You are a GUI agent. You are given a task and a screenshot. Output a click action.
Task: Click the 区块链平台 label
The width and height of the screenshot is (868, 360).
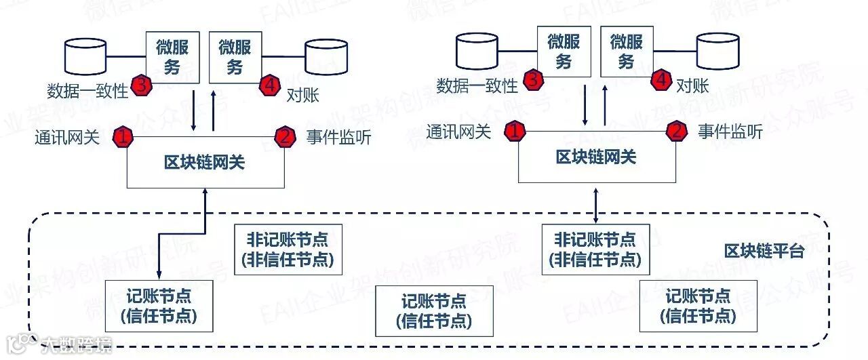[x=764, y=252]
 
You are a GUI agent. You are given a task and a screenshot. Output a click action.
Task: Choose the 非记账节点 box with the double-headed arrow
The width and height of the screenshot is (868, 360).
[x=595, y=249]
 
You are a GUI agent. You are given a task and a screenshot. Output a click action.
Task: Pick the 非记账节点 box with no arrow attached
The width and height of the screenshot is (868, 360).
[x=287, y=249]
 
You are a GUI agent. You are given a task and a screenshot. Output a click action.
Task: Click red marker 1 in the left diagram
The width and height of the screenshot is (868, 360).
[x=123, y=137]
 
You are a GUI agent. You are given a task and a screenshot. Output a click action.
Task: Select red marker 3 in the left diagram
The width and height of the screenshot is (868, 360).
[x=142, y=85]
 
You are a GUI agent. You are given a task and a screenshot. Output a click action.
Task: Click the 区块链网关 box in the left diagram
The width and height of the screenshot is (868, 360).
[x=204, y=163]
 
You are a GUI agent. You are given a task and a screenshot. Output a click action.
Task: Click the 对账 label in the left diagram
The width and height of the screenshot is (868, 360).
[x=301, y=95]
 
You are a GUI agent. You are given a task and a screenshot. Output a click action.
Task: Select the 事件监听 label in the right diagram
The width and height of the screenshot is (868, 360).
[x=730, y=132]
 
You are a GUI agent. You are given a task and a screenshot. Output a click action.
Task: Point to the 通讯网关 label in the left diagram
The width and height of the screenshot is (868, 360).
[x=67, y=138]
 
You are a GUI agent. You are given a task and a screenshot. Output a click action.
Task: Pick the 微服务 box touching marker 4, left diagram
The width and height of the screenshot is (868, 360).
[x=235, y=57]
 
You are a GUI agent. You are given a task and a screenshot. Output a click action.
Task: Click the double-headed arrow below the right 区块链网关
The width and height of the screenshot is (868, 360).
[x=595, y=203]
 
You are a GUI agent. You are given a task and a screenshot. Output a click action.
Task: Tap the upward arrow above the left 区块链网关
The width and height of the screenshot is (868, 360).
[x=214, y=111]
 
